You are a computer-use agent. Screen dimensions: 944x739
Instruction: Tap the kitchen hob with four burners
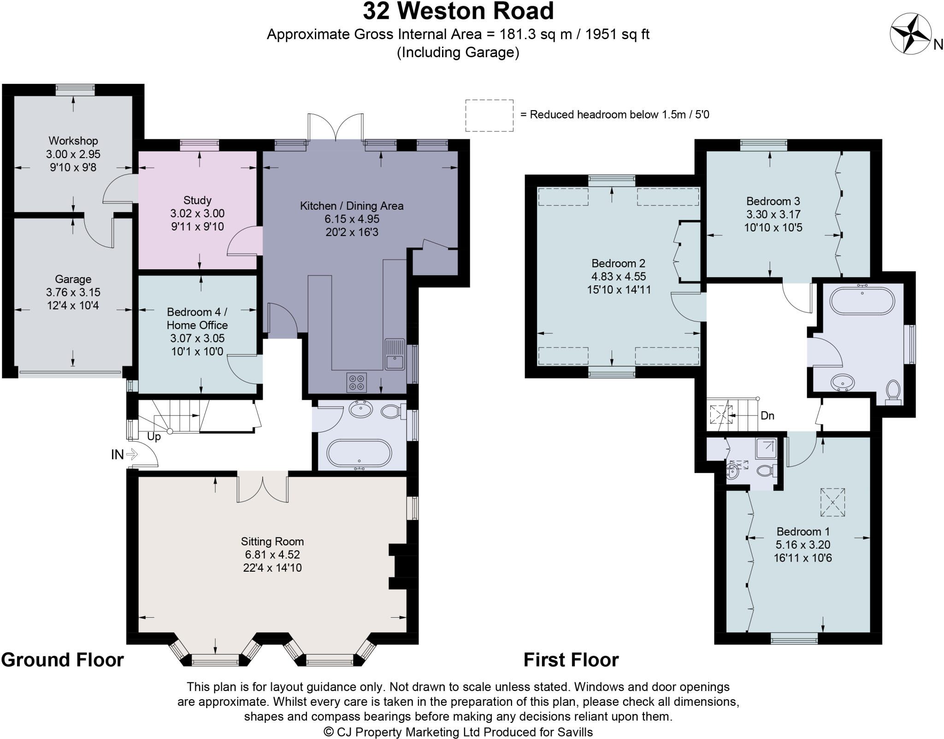pyautogui.click(x=357, y=382)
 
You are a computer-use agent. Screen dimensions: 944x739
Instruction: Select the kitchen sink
pyautogui.click(x=395, y=354)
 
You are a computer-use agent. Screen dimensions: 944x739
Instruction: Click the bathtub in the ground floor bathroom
pyautogui.click(x=359, y=454)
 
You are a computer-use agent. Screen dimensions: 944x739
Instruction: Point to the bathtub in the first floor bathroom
pyautogui.click(x=862, y=301)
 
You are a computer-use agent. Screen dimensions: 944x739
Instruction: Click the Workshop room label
pyautogui.click(x=73, y=141)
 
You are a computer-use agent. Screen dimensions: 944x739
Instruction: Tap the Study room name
pyautogui.click(x=197, y=200)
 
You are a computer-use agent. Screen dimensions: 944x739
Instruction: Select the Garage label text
pyautogui.click(x=73, y=279)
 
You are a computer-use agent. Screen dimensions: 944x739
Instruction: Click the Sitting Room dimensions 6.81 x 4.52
pyautogui.click(x=273, y=555)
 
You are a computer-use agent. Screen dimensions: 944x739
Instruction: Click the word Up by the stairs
pyautogui.click(x=154, y=436)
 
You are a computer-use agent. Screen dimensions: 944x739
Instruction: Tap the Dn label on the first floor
pyautogui.click(x=767, y=415)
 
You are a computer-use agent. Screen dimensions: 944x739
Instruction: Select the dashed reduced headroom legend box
pyautogui.click(x=489, y=115)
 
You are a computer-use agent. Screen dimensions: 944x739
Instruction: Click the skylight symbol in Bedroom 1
pyautogui.click(x=833, y=502)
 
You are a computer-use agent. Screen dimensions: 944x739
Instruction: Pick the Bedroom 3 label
pyautogui.click(x=773, y=201)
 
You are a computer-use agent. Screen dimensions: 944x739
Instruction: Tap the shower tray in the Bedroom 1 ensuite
pyautogui.click(x=766, y=448)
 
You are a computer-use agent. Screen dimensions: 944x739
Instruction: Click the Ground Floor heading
pyautogui.click(x=63, y=660)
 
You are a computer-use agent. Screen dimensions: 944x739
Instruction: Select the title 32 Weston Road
pyautogui.click(x=458, y=11)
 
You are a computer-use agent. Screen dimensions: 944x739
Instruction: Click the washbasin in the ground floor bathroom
pyautogui.click(x=361, y=409)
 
